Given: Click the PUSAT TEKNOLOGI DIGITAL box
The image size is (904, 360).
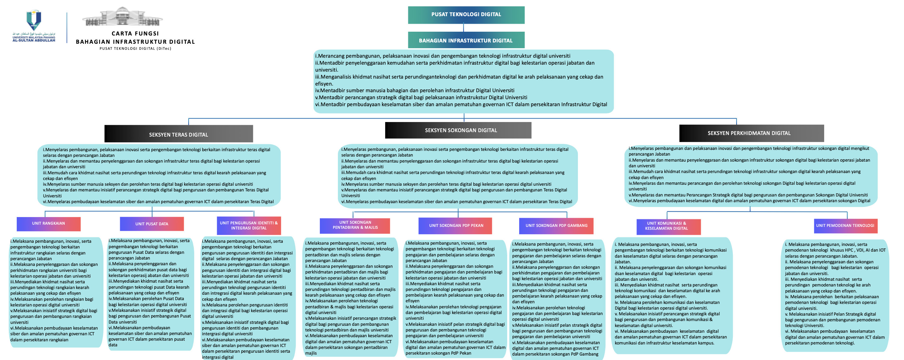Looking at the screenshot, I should [x=466, y=15].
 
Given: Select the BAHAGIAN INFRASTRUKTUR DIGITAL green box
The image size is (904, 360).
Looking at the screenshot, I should [x=466, y=40].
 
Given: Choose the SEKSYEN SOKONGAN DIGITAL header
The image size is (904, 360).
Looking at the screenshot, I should [x=458, y=130].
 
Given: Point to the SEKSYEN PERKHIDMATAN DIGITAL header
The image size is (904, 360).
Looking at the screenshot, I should [x=751, y=133].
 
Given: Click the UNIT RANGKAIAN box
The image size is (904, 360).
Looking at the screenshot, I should [x=48, y=224].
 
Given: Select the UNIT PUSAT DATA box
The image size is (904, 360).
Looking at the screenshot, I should [x=152, y=224].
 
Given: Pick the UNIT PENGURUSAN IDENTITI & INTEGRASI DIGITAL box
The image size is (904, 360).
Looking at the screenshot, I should [x=249, y=226].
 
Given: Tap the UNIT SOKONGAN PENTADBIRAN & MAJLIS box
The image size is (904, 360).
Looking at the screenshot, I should [x=355, y=226].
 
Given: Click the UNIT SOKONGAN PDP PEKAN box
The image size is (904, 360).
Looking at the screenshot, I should [x=455, y=226].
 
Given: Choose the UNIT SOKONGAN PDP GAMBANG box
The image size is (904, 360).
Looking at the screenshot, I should [x=556, y=226].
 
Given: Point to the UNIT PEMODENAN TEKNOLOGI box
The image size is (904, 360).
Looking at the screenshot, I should [x=845, y=226].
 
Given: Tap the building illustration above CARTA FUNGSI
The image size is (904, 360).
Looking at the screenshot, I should [x=122, y=17].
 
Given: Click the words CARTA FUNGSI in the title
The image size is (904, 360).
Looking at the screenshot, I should [x=135, y=34].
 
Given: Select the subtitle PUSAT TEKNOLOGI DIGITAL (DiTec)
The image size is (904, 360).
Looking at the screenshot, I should [x=135, y=49].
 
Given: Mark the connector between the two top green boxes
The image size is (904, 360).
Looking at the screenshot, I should [x=464, y=28].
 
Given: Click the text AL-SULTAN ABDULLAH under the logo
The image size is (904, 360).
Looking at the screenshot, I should [x=34, y=41].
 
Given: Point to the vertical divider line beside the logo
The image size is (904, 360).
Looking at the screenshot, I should [x=67, y=28].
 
